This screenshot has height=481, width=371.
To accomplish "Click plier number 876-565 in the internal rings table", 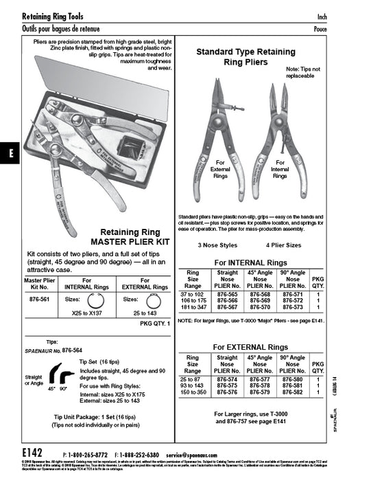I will [x=227, y=293].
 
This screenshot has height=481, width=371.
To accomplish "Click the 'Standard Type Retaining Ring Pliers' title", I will [x=241, y=56].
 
